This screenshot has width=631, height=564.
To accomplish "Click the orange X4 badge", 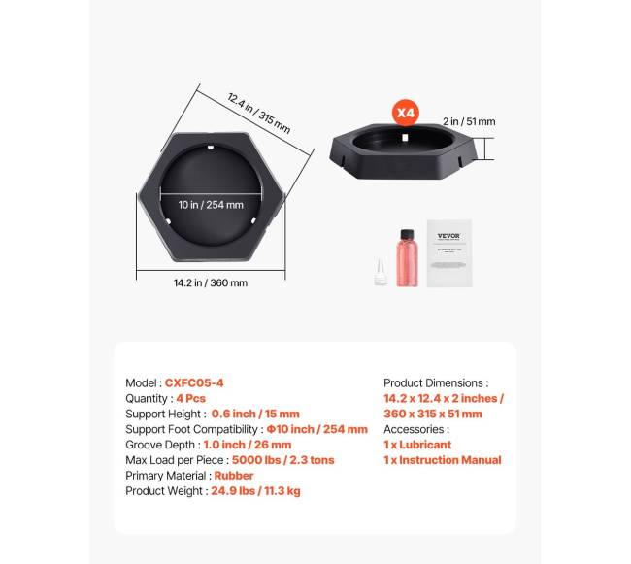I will [405, 113].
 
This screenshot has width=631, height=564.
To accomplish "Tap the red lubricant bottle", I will [405, 261].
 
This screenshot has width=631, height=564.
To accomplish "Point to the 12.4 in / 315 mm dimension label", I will [258, 113].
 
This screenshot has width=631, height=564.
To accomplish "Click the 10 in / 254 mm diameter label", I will [210, 205].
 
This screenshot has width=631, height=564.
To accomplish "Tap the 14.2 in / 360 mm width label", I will [210, 283].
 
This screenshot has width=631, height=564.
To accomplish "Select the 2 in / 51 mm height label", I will [468, 122].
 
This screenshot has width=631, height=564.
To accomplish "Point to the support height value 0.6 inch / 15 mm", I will [255, 415].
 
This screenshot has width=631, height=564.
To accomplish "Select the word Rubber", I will [235, 476].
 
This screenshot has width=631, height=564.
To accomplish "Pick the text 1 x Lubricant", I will [417, 445].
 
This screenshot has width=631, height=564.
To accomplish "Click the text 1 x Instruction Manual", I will [442, 460].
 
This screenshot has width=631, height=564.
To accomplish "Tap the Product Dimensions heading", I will [436, 383].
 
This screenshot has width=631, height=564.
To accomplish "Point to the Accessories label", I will [416, 429].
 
